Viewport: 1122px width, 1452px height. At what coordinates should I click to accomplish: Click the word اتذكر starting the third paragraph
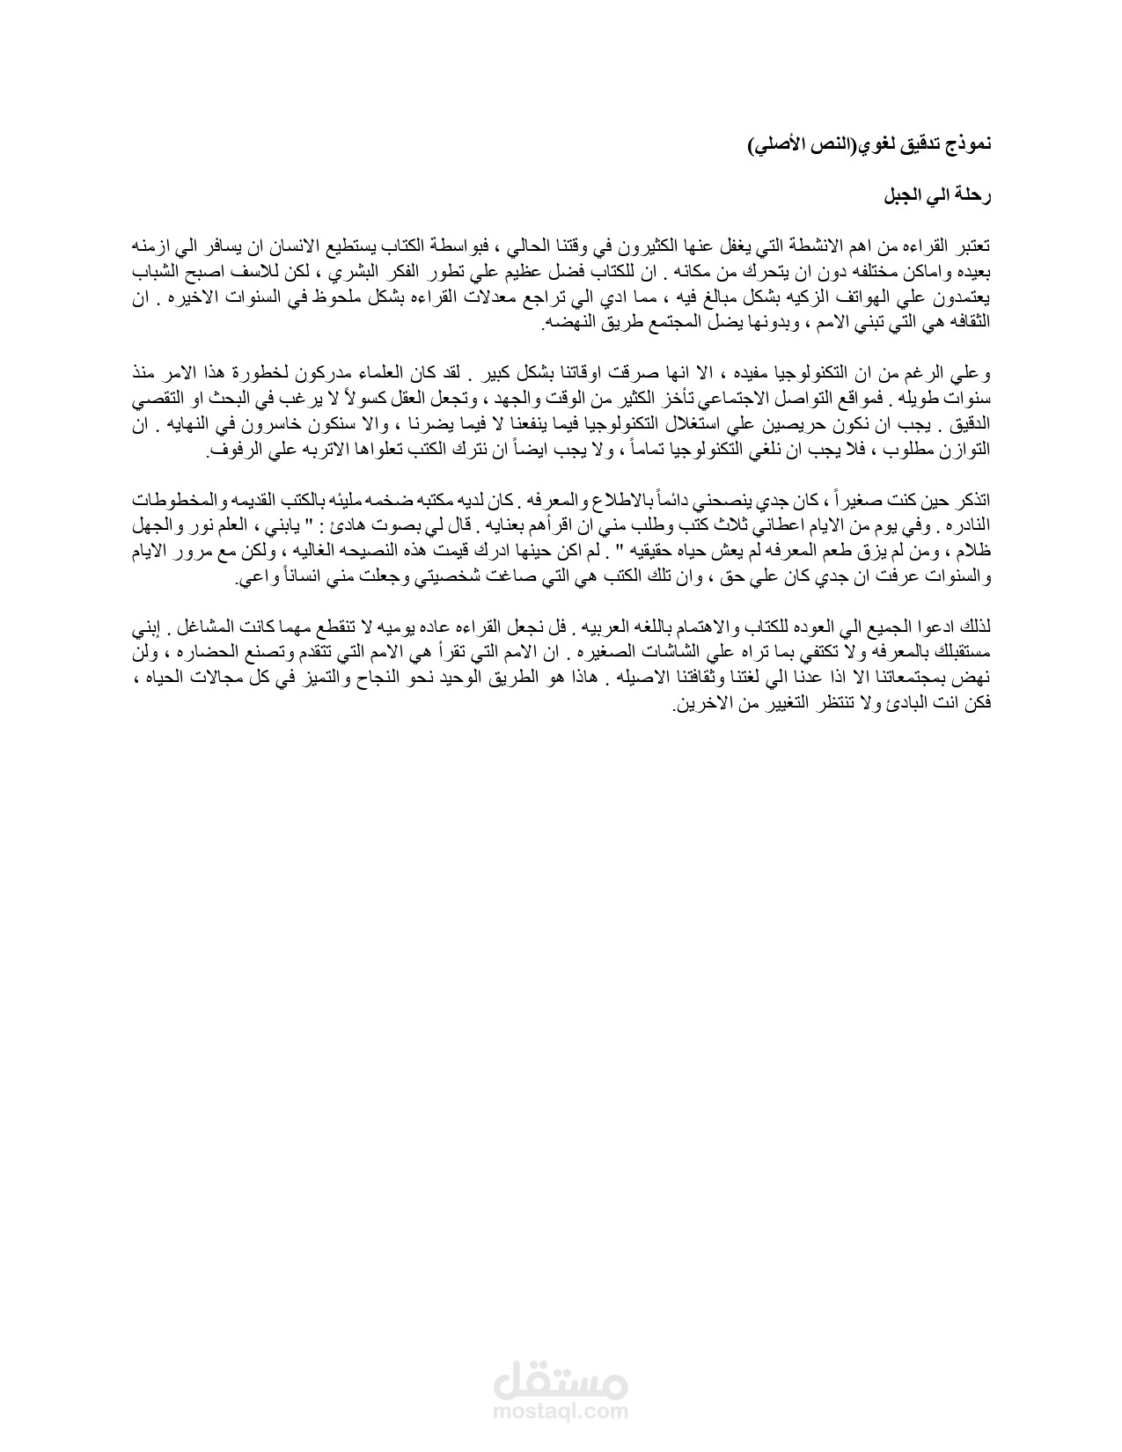tap(974, 502)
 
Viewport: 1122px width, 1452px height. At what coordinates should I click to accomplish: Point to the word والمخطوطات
tap(180, 502)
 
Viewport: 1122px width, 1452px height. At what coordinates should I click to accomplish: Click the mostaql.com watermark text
tap(561, 1410)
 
